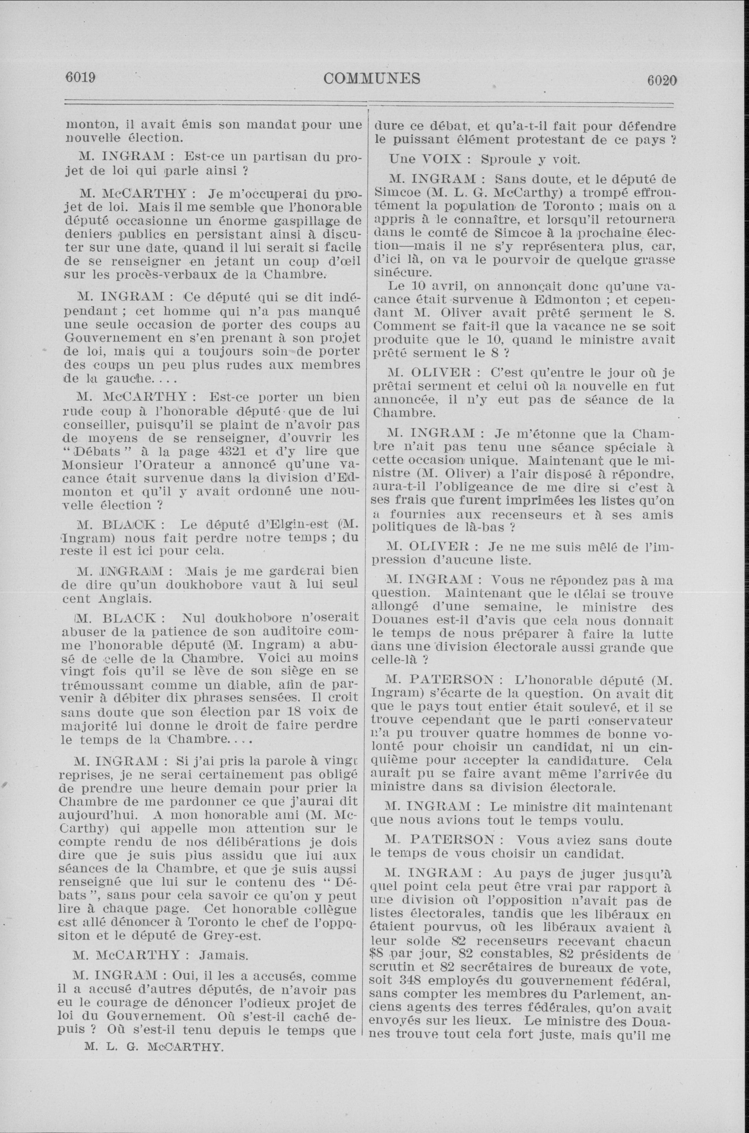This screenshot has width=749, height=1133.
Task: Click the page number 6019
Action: [x=81, y=78]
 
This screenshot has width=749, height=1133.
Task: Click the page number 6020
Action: [x=662, y=80]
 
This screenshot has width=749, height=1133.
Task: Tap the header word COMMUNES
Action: [x=372, y=78]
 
